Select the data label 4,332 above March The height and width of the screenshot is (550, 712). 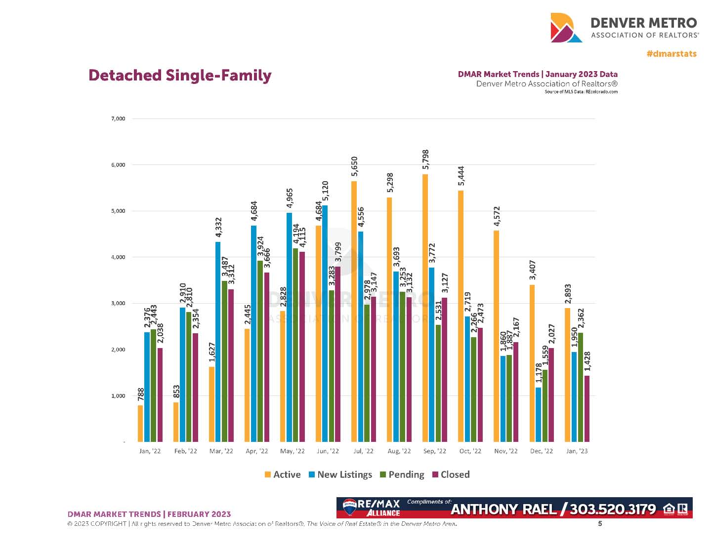218,228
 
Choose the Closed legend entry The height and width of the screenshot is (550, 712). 451,474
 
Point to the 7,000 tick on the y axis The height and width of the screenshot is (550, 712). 118,118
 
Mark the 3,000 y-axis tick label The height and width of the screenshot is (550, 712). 118,303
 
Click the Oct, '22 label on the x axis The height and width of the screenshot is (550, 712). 470,451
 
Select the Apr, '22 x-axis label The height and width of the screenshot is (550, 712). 257,451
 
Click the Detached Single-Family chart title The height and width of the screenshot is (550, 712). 180,76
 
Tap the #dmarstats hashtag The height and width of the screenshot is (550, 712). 671,53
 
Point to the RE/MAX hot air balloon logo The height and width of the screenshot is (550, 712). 349,507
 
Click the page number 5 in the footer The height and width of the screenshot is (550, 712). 600,523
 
